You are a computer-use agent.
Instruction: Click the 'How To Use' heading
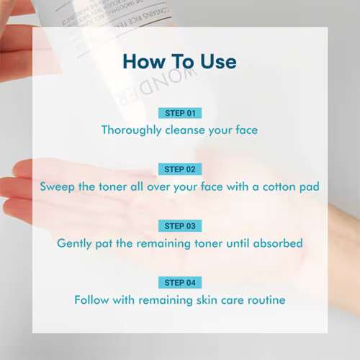point(179,61)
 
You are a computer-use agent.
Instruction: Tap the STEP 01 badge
point(179,113)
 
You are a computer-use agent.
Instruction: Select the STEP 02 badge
point(179,169)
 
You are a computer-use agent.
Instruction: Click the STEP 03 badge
point(179,226)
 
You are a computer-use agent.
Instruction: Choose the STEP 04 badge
point(179,282)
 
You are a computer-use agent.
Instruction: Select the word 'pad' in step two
point(309,187)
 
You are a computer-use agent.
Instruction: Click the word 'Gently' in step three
point(76,243)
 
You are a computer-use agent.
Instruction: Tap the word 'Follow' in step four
point(92,300)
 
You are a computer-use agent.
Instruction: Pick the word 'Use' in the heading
point(215,61)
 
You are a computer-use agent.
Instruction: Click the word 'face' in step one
point(243,130)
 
